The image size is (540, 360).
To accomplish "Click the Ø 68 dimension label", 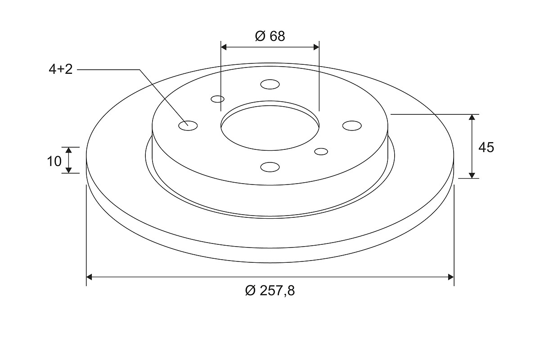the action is [270, 36].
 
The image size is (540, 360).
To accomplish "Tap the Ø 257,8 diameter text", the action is [270, 291].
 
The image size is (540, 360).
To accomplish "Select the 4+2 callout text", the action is [60, 69].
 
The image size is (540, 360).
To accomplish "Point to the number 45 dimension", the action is [486, 147].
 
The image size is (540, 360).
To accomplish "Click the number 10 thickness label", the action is [54, 161].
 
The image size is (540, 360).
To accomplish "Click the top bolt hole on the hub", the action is [270, 85].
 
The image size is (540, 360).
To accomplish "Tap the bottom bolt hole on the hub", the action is [270, 167].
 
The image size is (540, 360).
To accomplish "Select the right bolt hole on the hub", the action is [352, 126].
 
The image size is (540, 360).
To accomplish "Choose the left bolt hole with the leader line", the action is [188, 126].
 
